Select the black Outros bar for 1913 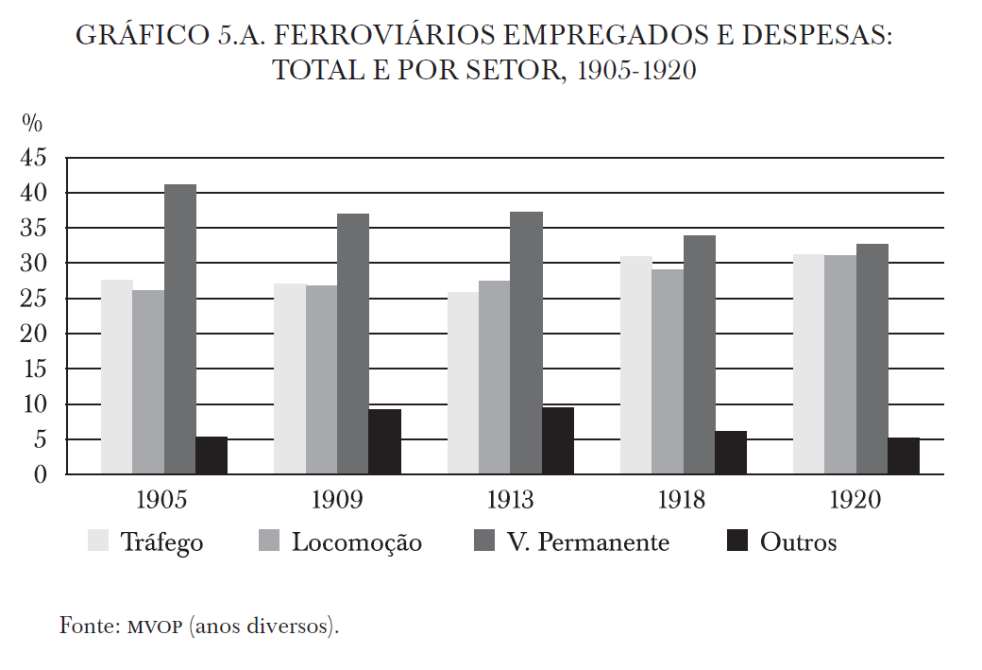click(x=558, y=440)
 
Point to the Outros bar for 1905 click(x=212, y=455)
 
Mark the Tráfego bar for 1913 click(x=463, y=383)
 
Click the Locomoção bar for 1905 click(x=148, y=382)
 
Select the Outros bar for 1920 click(x=904, y=455)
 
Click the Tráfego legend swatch click(x=98, y=541)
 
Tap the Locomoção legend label click(x=356, y=542)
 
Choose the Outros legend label click(x=798, y=542)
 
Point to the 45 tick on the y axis click(x=33, y=158)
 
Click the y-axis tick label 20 click(x=33, y=334)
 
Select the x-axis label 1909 click(x=337, y=500)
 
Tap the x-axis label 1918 click(x=683, y=500)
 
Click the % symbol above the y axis click(x=32, y=123)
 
